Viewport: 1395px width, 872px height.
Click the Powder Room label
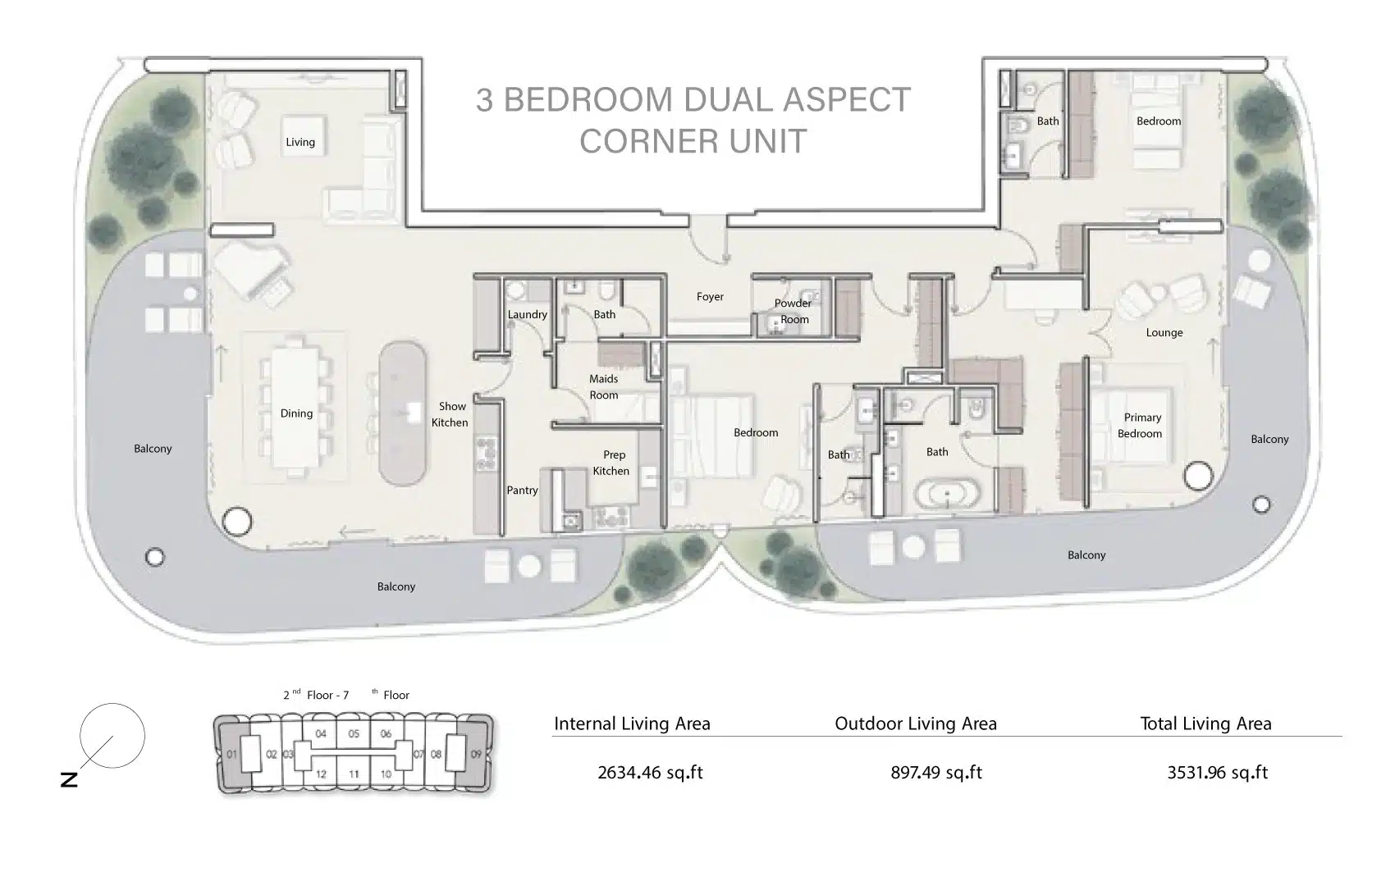coord(793,311)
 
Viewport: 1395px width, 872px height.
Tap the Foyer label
coord(710,297)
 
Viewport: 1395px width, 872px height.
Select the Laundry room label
coord(527,314)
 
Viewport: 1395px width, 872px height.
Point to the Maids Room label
coord(604,386)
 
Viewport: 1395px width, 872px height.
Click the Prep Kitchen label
coord(613,463)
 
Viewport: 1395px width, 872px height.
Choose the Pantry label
coord(522,491)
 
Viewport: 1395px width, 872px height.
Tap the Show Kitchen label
coord(451,414)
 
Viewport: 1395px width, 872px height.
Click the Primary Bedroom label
coord(1141,425)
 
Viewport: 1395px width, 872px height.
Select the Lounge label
coord(1164,332)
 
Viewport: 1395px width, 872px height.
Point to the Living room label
coord(300,142)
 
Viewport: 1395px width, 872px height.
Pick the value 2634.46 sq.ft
coord(651,772)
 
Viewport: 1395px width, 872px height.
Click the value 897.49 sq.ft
coord(935,772)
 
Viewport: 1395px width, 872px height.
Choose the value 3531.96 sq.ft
coord(1217,772)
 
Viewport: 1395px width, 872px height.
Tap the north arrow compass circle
coord(112,736)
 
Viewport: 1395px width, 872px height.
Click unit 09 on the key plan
coord(476,755)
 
